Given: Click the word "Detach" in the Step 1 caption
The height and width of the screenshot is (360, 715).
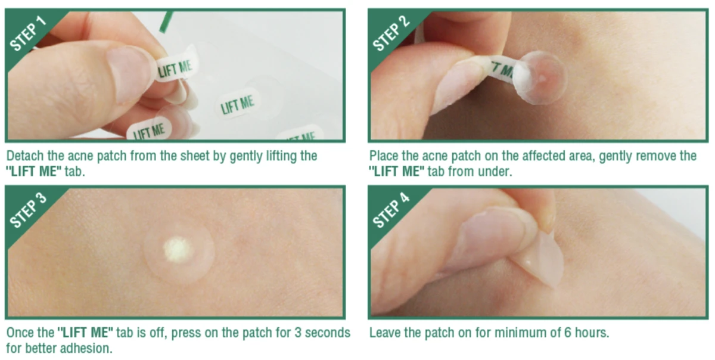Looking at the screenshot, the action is coord(25,156).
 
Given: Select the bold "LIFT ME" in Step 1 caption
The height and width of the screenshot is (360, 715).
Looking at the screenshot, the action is coord(34,172).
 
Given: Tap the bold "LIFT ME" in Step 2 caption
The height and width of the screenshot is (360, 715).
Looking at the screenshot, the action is coord(397,172).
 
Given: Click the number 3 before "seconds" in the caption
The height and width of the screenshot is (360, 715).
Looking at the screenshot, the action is coord(298,333).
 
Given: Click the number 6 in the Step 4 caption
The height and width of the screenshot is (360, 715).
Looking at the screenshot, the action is coord(567,333).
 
